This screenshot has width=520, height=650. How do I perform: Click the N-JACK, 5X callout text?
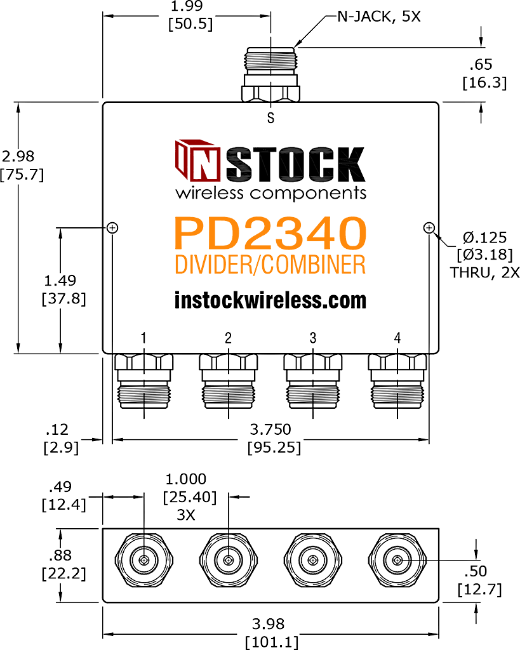[x=379, y=17]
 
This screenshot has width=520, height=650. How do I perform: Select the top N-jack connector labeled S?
[x=270, y=75]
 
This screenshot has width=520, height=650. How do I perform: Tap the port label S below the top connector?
[x=270, y=118]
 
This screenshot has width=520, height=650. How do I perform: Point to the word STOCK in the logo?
[x=296, y=164]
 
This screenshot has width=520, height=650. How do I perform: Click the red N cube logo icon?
[x=197, y=161]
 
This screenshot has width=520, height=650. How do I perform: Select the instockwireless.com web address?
[x=270, y=300]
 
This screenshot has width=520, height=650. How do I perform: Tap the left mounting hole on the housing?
[x=112, y=228]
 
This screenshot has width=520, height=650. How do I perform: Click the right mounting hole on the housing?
[x=429, y=228]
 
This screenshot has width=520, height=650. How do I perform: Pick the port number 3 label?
[x=313, y=338]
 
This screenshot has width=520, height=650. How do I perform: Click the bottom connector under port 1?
[x=143, y=381]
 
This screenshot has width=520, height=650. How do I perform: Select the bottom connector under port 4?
[x=397, y=381]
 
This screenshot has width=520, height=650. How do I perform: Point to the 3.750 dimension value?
[x=270, y=429]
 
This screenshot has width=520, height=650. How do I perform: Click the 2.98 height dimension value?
[x=18, y=156]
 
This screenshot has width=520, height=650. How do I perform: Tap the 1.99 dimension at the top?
[x=187, y=6]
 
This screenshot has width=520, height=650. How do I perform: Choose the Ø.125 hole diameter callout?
[x=484, y=237]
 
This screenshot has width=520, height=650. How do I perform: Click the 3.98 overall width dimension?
[x=269, y=624]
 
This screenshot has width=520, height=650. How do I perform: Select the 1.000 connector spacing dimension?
[x=186, y=479]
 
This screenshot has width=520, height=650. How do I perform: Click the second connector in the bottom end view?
[x=228, y=560]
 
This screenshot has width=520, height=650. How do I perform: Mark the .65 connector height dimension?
[x=481, y=65]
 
